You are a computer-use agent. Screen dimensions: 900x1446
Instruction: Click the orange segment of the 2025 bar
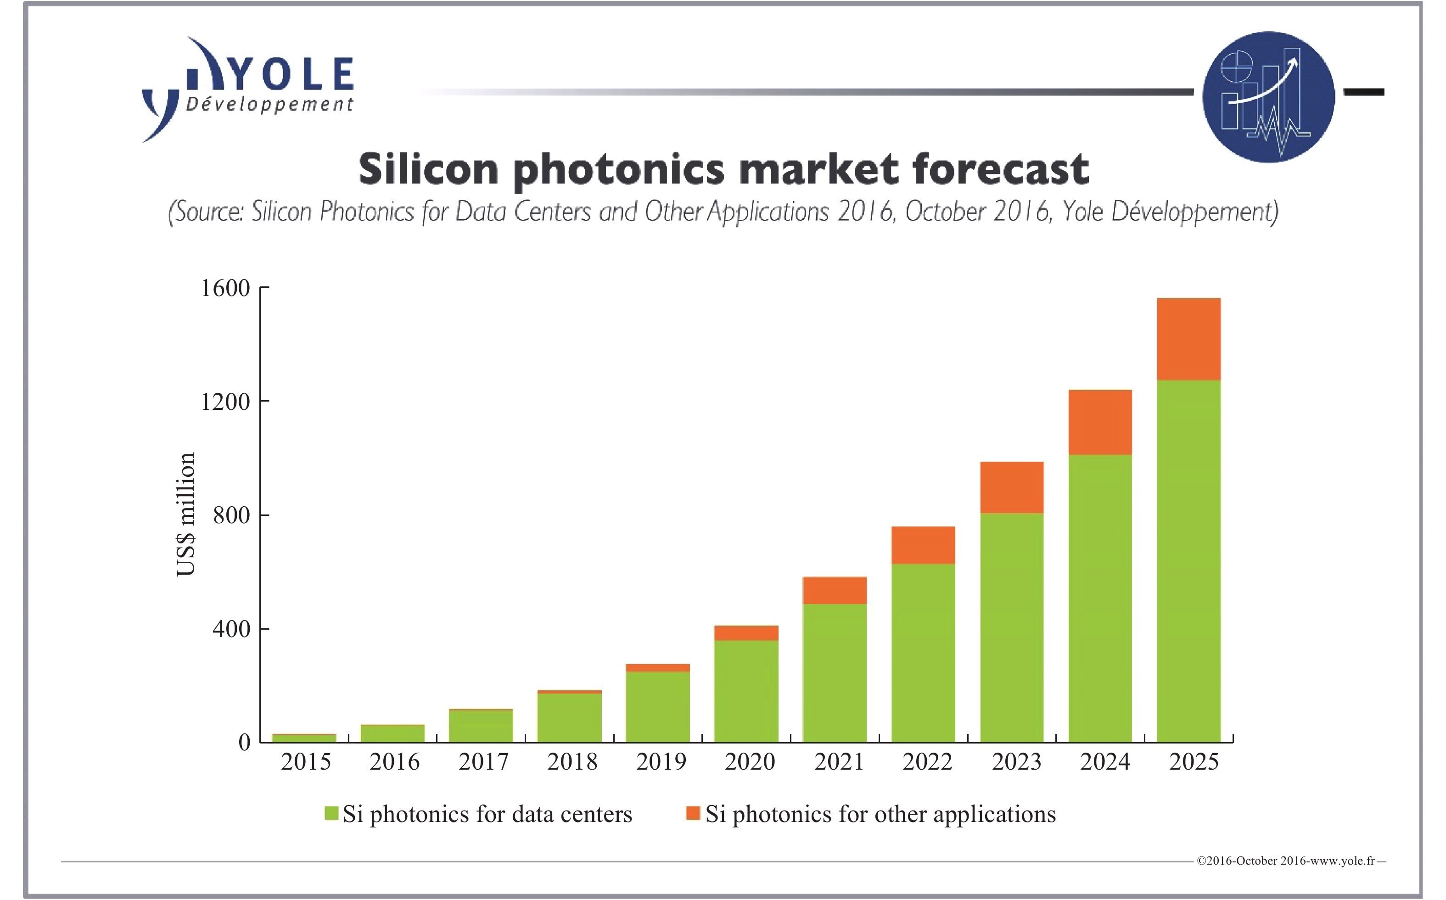point(1188,339)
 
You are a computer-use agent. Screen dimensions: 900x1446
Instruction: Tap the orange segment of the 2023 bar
point(1011,487)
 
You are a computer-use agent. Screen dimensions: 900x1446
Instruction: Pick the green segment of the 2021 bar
point(834,673)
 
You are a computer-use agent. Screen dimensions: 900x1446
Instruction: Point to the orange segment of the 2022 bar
point(923,545)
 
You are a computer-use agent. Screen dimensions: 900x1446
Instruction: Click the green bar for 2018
point(569,717)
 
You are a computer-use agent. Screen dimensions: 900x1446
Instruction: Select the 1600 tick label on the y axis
point(225,288)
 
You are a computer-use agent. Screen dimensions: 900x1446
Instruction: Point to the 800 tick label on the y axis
point(231,515)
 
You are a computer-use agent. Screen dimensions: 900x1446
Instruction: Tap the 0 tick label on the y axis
point(244,742)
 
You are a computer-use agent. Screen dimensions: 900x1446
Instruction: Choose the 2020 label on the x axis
point(750,762)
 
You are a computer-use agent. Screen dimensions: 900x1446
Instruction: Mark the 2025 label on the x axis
point(1194,762)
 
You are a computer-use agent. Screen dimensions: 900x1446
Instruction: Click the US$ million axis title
point(186,514)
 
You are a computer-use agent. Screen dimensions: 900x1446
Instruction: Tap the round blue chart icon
point(1268,96)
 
